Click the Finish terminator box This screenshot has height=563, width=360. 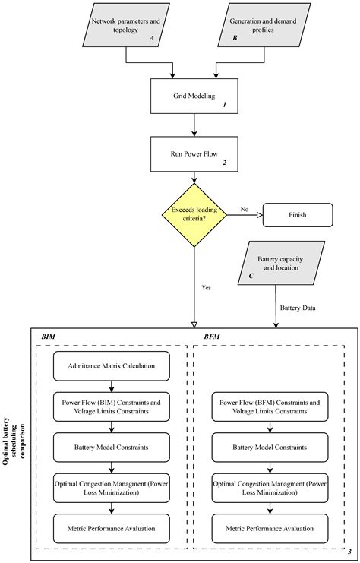click(297, 215)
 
